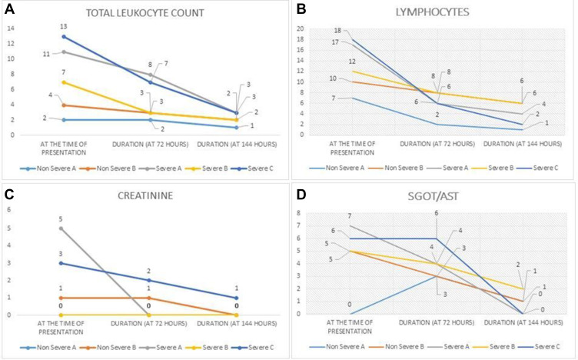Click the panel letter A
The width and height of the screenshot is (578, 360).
7,7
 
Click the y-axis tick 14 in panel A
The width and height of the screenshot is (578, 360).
11,28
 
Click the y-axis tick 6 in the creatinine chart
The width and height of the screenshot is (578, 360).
11,209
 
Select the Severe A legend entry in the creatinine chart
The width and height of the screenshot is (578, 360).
164,347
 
